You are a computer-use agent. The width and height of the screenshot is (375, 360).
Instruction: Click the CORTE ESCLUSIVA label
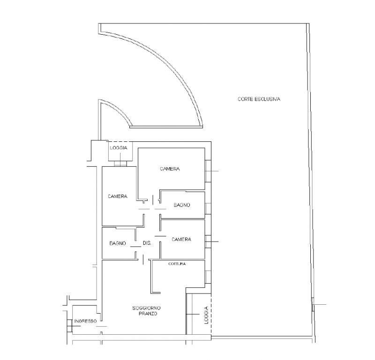(259, 99)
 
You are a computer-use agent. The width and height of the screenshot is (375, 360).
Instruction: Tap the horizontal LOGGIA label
(119, 148)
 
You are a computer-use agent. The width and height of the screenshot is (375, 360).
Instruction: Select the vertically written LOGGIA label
(207, 315)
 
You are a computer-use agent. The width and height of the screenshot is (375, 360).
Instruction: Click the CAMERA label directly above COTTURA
(181, 239)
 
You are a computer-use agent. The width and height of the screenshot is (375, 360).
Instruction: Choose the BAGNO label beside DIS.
(118, 243)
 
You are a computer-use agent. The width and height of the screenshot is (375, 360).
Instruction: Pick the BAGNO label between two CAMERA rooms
(182, 205)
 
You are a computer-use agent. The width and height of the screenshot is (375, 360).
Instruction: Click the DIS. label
(147, 243)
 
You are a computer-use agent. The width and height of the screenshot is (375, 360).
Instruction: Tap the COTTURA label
(177, 264)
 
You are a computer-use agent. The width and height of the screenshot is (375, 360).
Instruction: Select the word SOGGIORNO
(146, 308)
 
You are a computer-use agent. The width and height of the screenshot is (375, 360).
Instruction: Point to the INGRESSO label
(85, 321)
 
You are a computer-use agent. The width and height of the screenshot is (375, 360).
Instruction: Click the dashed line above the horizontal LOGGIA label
(120, 141)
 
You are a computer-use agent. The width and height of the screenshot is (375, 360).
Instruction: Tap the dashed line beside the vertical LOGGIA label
(211, 314)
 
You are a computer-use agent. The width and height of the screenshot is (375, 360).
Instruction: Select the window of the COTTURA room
(208, 277)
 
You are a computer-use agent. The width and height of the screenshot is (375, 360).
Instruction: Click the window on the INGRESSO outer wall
(69, 326)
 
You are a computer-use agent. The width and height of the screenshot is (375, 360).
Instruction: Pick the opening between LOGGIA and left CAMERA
(120, 163)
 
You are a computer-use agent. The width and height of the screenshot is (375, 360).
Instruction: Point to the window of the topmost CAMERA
(208, 171)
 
